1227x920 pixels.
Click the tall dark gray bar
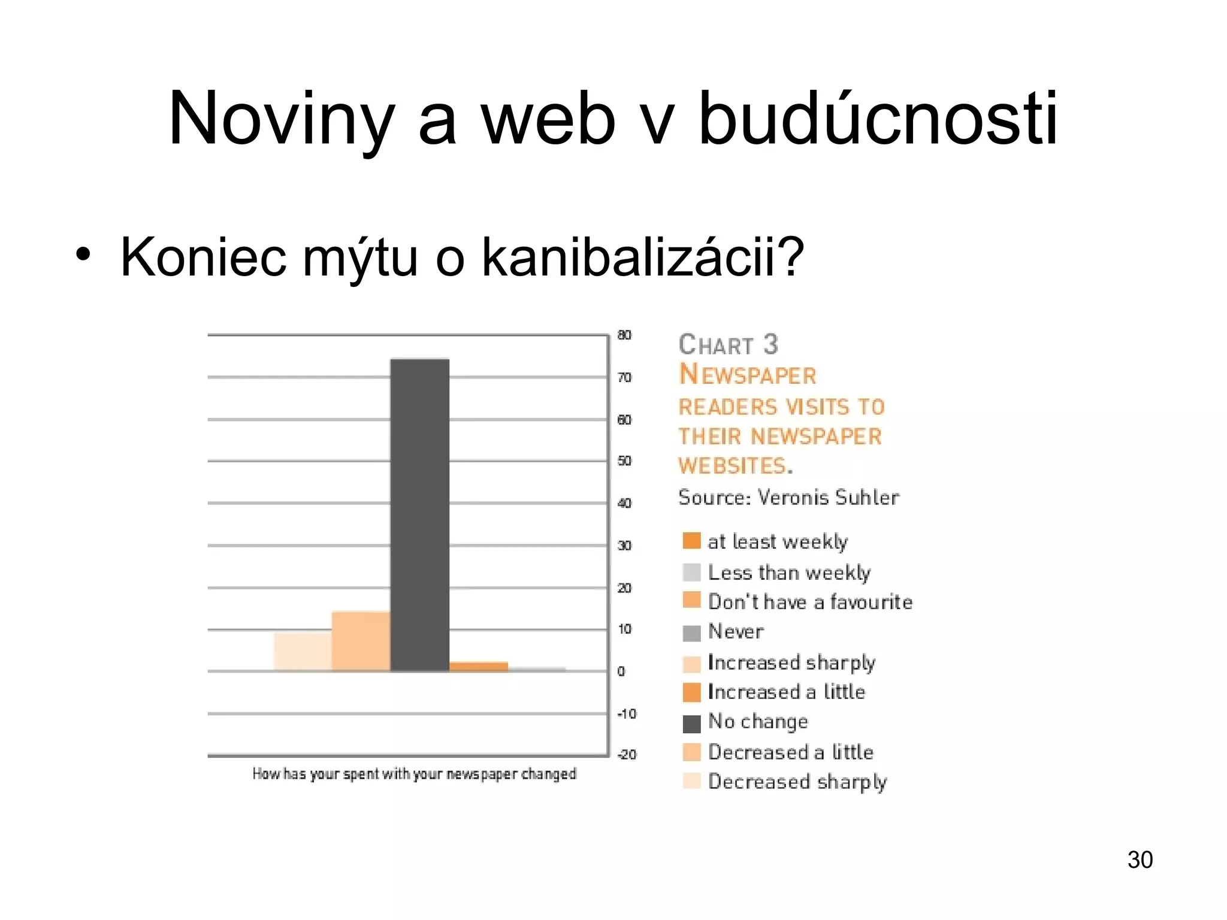click(x=419, y=515)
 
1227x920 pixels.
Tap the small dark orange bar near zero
click(x=479, y=667)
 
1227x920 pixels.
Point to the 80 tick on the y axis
click(x=624, y=335)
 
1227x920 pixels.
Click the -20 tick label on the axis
click(x=627, y=755)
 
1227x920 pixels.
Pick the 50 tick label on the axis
click(x=624, y=461)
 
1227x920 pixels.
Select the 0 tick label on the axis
click(x=621, y=671)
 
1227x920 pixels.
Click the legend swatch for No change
click(x=691, y=724)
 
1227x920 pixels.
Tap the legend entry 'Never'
click(x=736, y=631)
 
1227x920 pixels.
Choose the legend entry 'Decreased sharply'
click(x=797, y=782)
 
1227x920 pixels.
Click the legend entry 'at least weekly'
click(x=777, y=541)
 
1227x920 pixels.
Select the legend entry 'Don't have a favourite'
click(x=810, y=602)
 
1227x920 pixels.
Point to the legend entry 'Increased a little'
click(x=786, y=692)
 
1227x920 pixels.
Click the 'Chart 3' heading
click(x=728, y=344)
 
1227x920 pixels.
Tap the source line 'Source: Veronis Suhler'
click(x=788, y=497)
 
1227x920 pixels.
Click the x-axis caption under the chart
click(x=414, y=774)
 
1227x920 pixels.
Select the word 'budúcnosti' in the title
click(x=878, y=118)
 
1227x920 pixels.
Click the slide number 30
click(x=1140, y=860)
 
